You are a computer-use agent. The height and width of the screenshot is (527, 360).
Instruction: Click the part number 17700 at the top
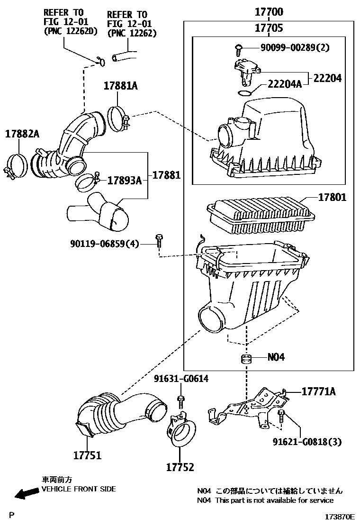coord(269,12)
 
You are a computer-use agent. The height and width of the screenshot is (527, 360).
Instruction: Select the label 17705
coord(269,27)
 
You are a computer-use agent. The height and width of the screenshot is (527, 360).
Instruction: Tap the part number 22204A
coord(284,84)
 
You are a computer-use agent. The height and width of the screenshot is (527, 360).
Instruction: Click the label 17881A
coord(121,86)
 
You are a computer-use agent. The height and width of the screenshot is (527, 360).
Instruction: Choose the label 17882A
coord(22,134)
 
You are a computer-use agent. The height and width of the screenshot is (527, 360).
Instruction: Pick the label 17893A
coord(124,181)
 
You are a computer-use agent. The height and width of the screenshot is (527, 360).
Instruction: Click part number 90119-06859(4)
coord(104,243)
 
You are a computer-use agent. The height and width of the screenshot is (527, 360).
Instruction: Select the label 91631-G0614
coord(181,379)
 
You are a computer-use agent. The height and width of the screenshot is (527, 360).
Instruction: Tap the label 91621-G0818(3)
coord(307,442)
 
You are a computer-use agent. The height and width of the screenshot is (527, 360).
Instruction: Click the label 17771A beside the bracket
coord(318,391)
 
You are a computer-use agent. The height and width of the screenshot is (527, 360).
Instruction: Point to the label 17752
coord(180,467)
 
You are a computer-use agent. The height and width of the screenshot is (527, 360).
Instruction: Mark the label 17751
coord(87,455)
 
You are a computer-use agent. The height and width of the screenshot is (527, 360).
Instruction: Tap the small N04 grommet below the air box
coord(246,359)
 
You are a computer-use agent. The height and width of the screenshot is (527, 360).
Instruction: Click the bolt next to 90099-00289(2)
coord(238,49)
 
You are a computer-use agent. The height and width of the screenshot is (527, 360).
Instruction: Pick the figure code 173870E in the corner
coord(340,517)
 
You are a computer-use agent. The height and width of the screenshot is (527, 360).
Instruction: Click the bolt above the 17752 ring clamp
coord(181,401)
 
